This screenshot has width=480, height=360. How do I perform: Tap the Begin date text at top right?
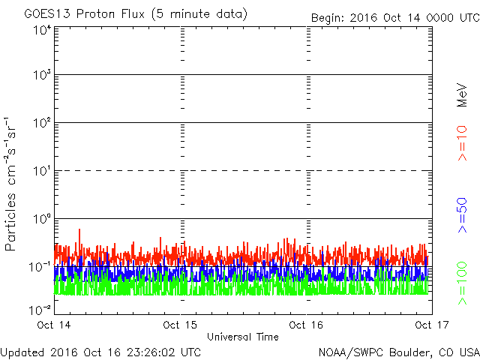tap(395, 18)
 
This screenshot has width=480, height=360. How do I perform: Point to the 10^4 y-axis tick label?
tap(42, 31)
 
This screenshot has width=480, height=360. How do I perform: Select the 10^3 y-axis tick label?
tap(42, 75)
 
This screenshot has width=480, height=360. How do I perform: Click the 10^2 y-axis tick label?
tap(42, 123)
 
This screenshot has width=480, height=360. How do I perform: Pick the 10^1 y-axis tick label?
tap(42, 171)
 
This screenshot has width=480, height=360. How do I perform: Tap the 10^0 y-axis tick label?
tap(42, 219)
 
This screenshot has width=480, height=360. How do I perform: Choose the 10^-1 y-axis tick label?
tap(40, 267)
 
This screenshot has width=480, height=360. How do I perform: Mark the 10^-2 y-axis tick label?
tap(40, 310)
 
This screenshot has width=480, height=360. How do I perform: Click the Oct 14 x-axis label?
tap(54, 325)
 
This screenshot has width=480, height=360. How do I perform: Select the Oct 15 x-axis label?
tap(180, 325)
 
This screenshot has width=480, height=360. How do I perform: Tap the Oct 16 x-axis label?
tap(306, 325)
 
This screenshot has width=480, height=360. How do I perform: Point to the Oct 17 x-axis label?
tap(432, 325)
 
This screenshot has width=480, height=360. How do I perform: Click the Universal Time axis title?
tap(243, 337)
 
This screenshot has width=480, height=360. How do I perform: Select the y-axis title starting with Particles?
tap(10, 184)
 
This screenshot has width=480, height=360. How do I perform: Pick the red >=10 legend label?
tap(462, 143)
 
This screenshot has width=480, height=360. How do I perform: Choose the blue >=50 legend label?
tap(462, 215)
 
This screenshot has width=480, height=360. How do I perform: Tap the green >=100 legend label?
tap(462, 283)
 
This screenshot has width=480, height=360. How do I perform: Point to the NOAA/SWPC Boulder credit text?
tap(399, 352)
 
